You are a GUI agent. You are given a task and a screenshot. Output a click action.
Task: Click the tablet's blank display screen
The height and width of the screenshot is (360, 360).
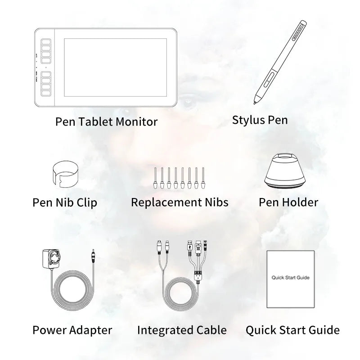pos(115,67)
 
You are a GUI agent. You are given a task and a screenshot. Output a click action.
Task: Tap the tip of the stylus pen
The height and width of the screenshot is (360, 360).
pos(255,103)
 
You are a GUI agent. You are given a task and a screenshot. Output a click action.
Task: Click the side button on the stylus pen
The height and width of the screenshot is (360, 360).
pos(268,79)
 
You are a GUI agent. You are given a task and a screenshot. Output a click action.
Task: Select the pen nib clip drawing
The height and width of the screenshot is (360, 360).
pos(65,173)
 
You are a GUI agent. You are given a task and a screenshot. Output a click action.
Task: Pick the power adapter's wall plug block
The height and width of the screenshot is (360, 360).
pos(51,258)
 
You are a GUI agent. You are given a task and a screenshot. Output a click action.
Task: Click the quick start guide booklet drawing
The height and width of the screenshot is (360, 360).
pos(290,279)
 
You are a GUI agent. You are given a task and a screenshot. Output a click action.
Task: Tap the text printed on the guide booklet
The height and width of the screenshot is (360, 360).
pos(290,278)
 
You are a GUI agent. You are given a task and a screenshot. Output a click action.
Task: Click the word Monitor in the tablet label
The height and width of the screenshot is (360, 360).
pos(137,121)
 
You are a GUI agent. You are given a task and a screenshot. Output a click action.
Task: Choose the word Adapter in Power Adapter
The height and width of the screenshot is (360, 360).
pos(91,330)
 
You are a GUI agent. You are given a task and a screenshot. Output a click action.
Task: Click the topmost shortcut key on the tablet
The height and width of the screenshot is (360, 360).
pos(46,42)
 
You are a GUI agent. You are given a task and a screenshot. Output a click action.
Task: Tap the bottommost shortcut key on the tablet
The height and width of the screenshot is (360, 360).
pos(46,93)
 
